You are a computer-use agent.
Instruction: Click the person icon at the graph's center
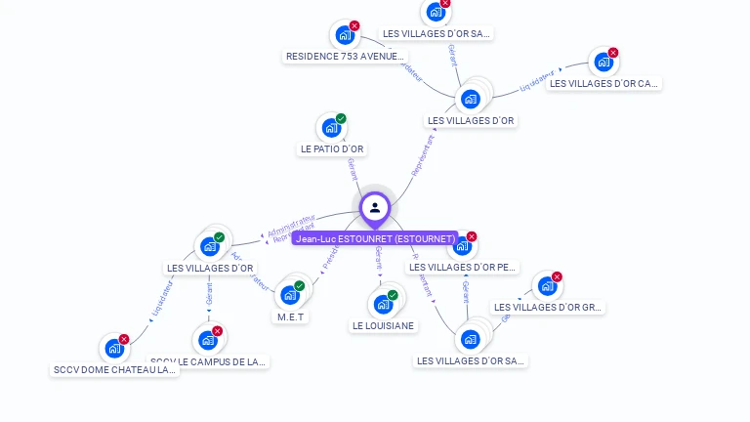pyautogui.click(x=375, y=207)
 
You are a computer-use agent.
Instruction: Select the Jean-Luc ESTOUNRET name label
pyautogui.click(x=376, y=238)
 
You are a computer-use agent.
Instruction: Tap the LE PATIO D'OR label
pyautogui.click(x=332, y=149)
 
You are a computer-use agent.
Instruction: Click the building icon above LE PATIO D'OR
pyautogui.click(x=331, y=128)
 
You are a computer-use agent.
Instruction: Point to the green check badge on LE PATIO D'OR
pyautogui.click(x=341, y=119)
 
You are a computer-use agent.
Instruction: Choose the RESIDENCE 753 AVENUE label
pyautogui.click(x=345, y=57)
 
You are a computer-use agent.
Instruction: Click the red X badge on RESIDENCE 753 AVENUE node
pyautogui.click(x=354, y=26)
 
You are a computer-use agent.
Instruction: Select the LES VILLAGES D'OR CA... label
pyautogui.click(x=604, y=84)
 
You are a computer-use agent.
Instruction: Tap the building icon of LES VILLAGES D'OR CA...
pyautogui.click(x=604, y=63)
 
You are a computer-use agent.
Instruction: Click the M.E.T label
pyautogui.click(x=291, y=316)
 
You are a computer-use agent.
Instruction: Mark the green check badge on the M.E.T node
pyautogui.click(x=300, y=286)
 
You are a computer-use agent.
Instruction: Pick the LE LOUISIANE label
pyautogui.click(x=384, y=326)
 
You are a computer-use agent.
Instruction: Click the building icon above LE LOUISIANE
pyautogui.click(x=383, y=305)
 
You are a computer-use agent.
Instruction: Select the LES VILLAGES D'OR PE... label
pyautogui.click(x=463, y=268)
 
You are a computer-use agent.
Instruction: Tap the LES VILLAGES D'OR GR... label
pyautogui.click(x=548, y=308)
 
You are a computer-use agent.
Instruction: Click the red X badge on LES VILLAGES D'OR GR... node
pyautogui.click(x=557, y=277)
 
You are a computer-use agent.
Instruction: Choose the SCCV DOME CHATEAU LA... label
pyautogui.click(x=115, y=370)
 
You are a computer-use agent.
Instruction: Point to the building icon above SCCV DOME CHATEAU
pyautogui.click(x=114, y=348)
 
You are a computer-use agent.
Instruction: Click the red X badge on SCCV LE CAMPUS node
pyautogui.click(x=218, y=331)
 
